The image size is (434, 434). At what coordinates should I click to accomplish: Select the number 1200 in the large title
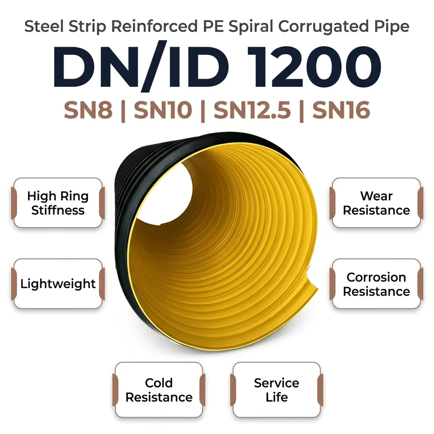tap(314, 67)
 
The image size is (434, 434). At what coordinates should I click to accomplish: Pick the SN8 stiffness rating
tap(88, 110)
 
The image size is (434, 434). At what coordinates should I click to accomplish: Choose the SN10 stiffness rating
tap(163, 110)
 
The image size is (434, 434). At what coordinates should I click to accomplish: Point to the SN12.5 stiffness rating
tap(252, 110)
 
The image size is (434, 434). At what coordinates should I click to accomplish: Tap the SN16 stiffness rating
tap(341, 110)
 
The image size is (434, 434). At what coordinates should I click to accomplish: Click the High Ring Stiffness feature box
tap(58, 203)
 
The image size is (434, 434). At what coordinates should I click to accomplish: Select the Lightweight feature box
tap(58, 284)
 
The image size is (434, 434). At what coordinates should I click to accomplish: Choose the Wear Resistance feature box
tap(376, 203)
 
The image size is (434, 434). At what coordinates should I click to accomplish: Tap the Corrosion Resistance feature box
tap(376, 284)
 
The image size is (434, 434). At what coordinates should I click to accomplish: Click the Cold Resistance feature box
tap(159, 390)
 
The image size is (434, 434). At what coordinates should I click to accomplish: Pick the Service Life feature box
tap(277, 390)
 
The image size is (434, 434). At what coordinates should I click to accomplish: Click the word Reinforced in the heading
tap(154, 27)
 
